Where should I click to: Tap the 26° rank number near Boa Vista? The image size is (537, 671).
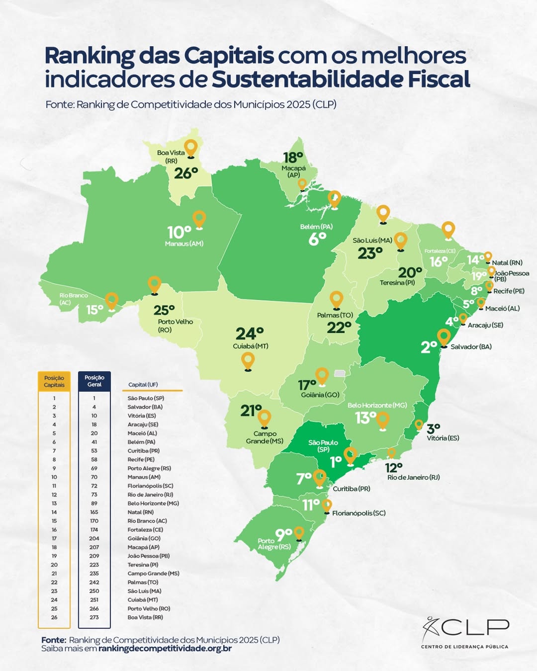pyautogui.click(x=186, y=173)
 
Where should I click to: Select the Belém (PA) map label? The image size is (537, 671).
pyautogui.click(x=316, y=227)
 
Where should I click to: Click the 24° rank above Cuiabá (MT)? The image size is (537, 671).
pyautogui.click(x=250, y=333)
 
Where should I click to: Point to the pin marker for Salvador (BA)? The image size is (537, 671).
pyautogui.click(x=444, y=337)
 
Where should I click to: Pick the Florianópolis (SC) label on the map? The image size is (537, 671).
pyautogui.click(x=358, y=513)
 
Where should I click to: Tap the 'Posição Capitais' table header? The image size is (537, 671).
pyautogui.click(x=54, y=381)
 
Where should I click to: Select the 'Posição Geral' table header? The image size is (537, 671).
pyautogui.click(x=94, y=381)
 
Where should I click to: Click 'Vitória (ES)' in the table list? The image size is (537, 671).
pyautogui.click(x=142, y=416)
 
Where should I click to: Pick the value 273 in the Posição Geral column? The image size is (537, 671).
pyautogui.click(x=94, y=617)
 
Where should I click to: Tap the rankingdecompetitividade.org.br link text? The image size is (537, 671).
pyautogui.click(x=165, y=649)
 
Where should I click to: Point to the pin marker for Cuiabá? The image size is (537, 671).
pyautogui.click(x=248, y=361)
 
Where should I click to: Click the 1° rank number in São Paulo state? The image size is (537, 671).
pyautogui.click(x=336, y=461)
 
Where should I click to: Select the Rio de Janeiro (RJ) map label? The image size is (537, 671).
pyautogui.click(x=413, y=477)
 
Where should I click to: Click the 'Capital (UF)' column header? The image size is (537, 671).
pyautogui.click(x=143, y=385)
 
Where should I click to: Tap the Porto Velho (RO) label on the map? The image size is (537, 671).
pyautogui.click(x=175, y=326)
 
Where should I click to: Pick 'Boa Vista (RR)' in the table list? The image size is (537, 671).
pyautogui.click(x=145, y=617)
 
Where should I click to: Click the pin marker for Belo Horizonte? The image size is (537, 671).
pyautogui.click(x=382, y=420)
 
